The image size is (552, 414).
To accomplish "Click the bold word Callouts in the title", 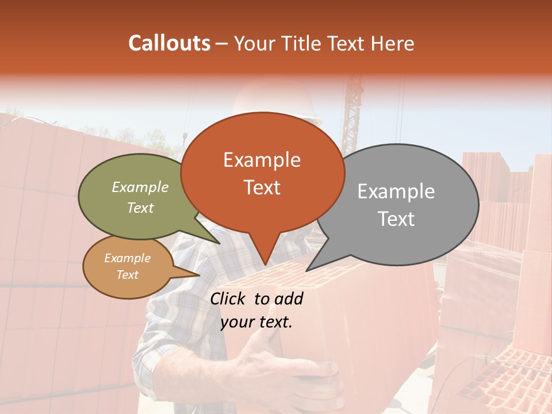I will [x=169, y=43].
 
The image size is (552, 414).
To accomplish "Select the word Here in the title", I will [x=393, y=43].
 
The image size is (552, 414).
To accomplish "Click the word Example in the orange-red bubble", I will [x=262, y=160].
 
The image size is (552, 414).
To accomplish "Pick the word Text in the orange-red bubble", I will [x=262, y=187].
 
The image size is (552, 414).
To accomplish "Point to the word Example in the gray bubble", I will [x=396, y=191].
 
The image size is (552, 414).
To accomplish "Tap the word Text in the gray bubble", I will [x=396, y=219].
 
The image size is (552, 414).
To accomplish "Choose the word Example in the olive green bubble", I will [x=140, y=187].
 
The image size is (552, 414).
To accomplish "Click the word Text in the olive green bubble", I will [x=140, y=208].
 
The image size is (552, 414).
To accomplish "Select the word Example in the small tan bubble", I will [x=127, y=258].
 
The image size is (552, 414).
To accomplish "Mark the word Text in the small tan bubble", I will [x=127, y=275].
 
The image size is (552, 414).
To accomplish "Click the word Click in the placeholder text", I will [x=229, y=298].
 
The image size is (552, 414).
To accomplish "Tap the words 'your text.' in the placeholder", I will [x=256, y=322].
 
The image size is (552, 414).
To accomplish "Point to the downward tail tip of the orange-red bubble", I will [x=265, y=265].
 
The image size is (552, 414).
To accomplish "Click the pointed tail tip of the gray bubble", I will [x=307, y=270].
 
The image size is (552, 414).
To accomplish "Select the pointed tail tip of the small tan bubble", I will [x=199, y=275].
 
